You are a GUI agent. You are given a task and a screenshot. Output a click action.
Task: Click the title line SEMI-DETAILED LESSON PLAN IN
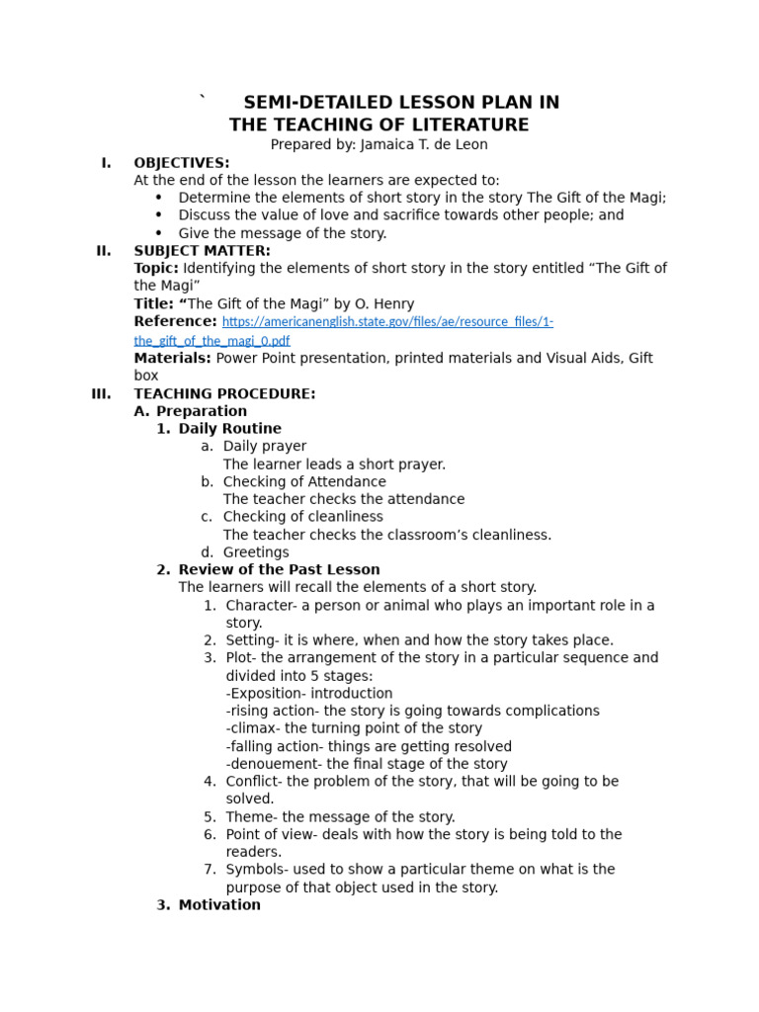coord(401,103)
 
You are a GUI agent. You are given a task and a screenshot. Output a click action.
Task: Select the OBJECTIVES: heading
coord(182,162)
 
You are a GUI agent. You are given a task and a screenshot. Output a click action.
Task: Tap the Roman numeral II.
coord(104,251)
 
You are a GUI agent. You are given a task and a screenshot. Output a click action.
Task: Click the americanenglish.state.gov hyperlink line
coord(387,322)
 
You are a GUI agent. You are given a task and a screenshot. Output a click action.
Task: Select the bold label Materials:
coord(172,358)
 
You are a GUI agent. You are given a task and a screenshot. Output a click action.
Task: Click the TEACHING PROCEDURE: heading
coord(224,393)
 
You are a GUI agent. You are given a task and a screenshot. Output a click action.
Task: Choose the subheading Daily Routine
coord(229,429)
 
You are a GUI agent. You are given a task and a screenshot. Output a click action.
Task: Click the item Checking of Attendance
coord(304,482)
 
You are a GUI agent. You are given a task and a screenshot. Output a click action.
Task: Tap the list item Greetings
coord(256,552)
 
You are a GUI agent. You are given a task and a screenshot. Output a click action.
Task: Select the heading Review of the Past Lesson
coord(279,570)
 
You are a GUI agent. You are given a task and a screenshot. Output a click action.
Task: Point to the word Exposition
coord(270,694)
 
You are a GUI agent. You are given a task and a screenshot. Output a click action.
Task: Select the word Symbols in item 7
coord(255,870)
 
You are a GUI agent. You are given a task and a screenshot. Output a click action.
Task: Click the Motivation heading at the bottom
coord(219,905)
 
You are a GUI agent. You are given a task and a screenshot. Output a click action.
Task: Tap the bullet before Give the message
coord(158,233)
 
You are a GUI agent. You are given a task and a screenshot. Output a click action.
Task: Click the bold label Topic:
coord(156,269)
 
